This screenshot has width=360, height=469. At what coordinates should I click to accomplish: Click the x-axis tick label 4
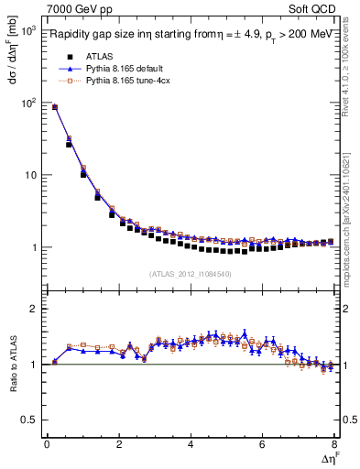click(191, 445)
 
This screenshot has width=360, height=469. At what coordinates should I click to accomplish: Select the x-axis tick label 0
click(47, 445)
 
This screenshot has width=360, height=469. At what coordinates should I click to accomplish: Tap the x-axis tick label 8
click(334, 445)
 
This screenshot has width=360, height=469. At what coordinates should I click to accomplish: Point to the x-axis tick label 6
click(262, 445)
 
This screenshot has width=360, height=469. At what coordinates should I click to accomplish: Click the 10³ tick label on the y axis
click(27, 31)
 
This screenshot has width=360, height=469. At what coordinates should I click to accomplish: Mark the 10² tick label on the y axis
click(27, 103)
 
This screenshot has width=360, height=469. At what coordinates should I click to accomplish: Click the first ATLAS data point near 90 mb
click(54, 107)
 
